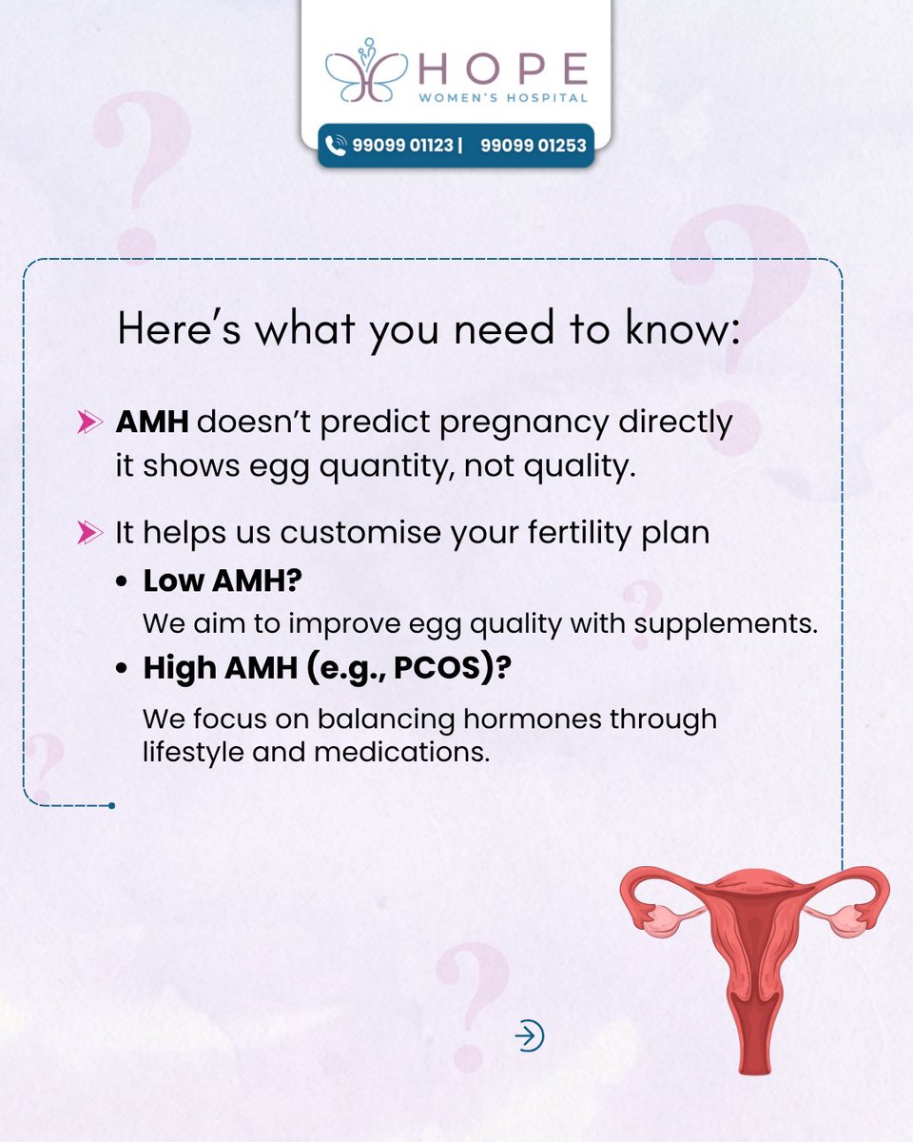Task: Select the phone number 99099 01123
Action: click(402, 146)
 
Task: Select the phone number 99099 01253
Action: click(533, 146)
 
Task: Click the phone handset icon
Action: click(336, 146)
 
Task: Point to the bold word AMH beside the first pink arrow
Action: click(152, 423)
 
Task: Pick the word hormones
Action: click(501, 719)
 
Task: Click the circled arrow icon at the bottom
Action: click(529, 1035)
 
